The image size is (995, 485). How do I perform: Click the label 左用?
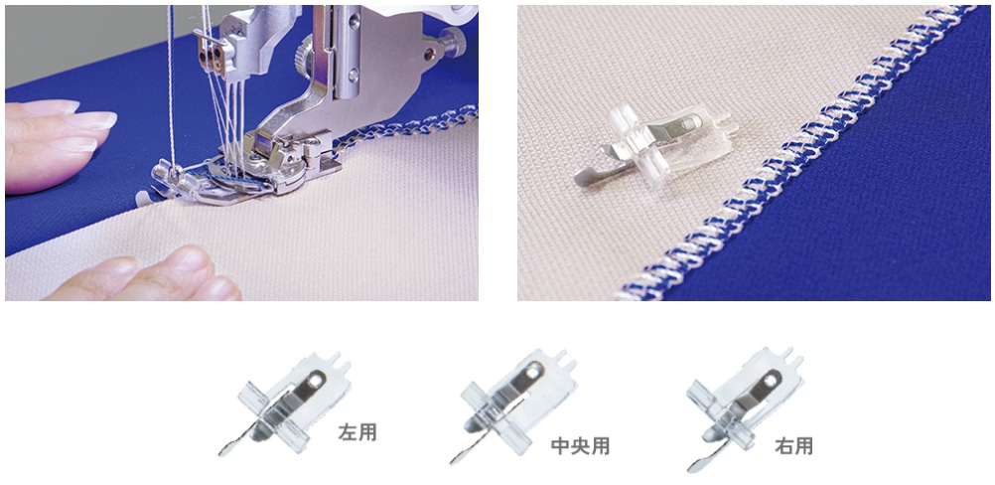pos(357,433)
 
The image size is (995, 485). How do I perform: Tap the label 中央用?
pos(580,446)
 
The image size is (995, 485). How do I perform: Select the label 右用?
pos(793,446)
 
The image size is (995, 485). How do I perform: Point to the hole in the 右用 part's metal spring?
pos(771,381)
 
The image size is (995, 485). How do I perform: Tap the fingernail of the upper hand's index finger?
pos(96,120)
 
